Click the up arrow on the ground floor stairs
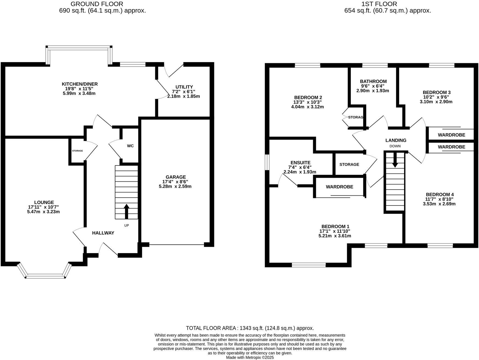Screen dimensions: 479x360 (x=127, y=211)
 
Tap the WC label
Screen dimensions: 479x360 (x=130, y=146)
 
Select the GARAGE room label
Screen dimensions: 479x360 (x=176, y=177)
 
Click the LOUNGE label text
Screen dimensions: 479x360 (x=44, y=202)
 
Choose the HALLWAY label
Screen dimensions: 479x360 (x=103, y=233)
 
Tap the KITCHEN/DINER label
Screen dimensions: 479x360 (x=80, y=84)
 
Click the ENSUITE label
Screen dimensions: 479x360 (x=300, y=162)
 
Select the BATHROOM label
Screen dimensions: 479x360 (x=373, y=81)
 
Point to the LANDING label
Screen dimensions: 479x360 (x=396, y=140)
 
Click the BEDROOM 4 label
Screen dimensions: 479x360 (x=438, y=194)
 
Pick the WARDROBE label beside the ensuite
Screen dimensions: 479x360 (x=339, y=187)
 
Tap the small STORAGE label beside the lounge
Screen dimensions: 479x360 (x=77, y=151)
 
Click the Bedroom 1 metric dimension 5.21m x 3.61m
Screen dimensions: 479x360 (x=335, y=236)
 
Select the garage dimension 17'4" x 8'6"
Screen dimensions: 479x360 (x=175, y=182)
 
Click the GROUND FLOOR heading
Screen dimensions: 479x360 (x=97, y=4)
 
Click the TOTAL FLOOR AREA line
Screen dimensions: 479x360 (x=250, y=328)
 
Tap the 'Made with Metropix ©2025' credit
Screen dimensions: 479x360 (x=250, y=358)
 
